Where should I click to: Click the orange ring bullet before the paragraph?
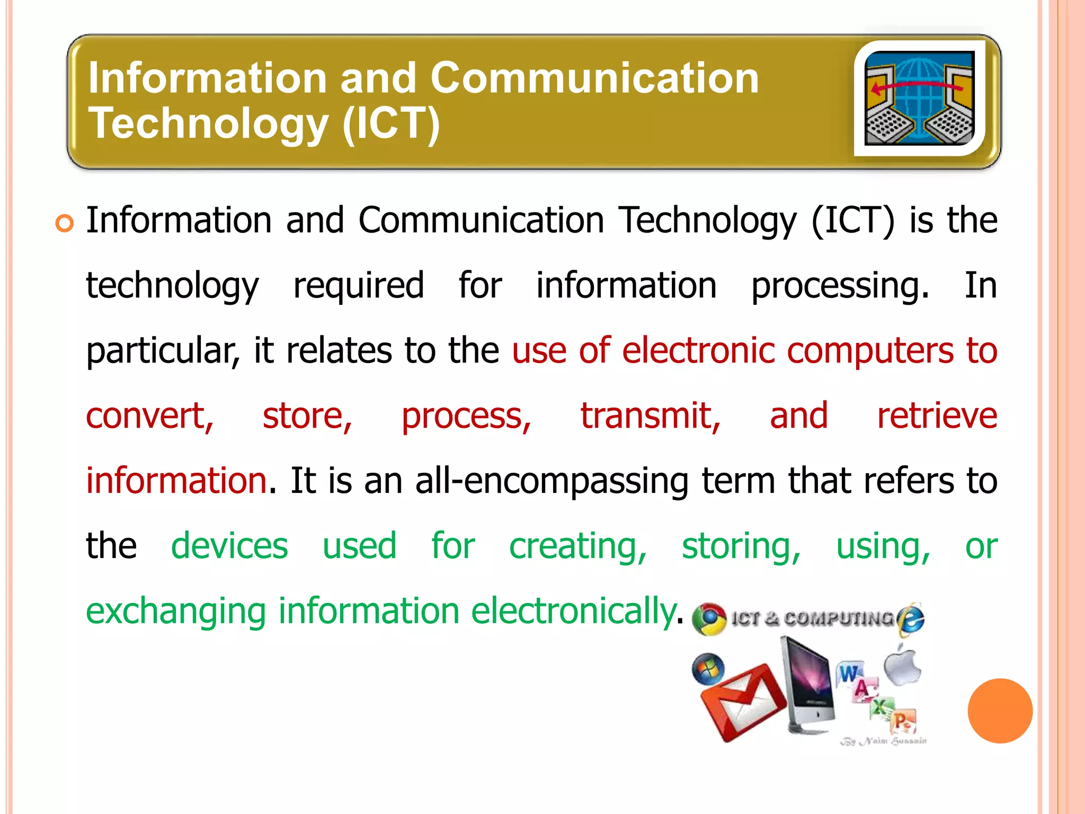pos(64,224)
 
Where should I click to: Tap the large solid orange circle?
pos(1000,711)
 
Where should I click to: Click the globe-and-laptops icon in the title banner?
pos(919,98)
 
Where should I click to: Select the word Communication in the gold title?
pos(594,78)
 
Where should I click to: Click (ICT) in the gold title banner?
pos(391,123)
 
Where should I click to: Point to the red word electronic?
pos(698,351)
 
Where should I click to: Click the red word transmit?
pos(650,416)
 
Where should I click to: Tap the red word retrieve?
pos(937,416)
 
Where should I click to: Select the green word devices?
pos(229,546)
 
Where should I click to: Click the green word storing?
pos(741,546)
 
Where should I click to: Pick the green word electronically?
pos(573,611)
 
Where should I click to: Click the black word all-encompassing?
pos(552,481)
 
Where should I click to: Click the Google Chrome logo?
pos(709,619)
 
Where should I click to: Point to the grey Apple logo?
pos(902,665)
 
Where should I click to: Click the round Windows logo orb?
pos(708,669)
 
